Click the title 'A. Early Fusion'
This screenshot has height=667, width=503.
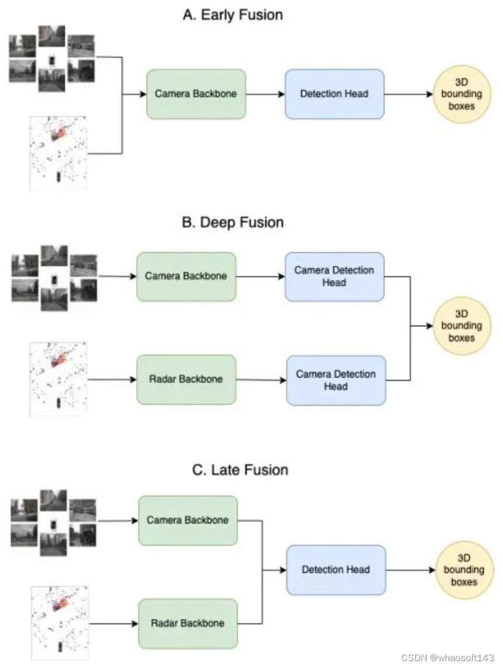[x=233, y=15]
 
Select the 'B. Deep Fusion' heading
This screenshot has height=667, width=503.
[x=233, y=222]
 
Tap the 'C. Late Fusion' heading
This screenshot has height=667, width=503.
[x=240, y=469]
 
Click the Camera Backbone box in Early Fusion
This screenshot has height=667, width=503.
[x=196, y=94]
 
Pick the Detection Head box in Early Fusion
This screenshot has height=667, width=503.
[x=334, y=94]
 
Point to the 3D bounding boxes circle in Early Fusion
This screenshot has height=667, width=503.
[x=462, y=94]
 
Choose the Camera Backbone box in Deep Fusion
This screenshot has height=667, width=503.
[x=186, y=277]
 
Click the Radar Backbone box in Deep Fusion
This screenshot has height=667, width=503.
[x=186, y=379]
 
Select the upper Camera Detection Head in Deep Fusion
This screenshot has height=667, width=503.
[x=334, y=277]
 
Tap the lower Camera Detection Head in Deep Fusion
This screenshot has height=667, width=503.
[x=336, y=380]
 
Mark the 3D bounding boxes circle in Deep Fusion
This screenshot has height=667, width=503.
[x=462, y=326]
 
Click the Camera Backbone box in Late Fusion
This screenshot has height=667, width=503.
[x=188, y=520]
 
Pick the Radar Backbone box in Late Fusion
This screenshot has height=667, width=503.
[x=188, y=623]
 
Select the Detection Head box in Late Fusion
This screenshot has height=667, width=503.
[x=336, y=569]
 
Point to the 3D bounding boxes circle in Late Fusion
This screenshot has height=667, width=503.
[x=464, y=569]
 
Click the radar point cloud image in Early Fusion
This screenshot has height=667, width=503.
[x=58, y=153]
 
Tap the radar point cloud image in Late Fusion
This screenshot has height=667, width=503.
[x=58, y=622]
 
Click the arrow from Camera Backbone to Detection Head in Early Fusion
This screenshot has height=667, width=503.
[x=265, y=94]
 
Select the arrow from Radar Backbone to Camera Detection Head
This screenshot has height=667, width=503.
[x=261, y=380]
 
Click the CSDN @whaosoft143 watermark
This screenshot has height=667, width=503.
[x=448, y=658]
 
